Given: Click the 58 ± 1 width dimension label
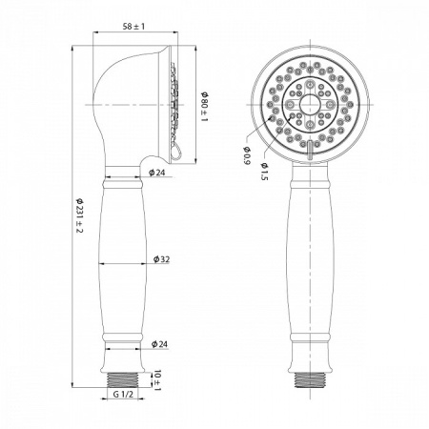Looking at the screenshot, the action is click(x=133, y=27).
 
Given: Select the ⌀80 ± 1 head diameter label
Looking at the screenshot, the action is click(x=204, y=107).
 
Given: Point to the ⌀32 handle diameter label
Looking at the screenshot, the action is click(x=161, y=259).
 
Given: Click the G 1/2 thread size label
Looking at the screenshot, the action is click(x=123, y=395).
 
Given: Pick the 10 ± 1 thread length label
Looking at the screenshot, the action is click(x=157, y=379).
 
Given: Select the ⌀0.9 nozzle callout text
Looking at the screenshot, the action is click(x=247, y=155).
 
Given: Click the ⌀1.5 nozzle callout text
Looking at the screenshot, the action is click(x=264, y=172).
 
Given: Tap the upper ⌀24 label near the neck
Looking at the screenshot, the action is click(x=157, y=173).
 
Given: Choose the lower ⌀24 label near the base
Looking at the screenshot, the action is click(x=159, y=344).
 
